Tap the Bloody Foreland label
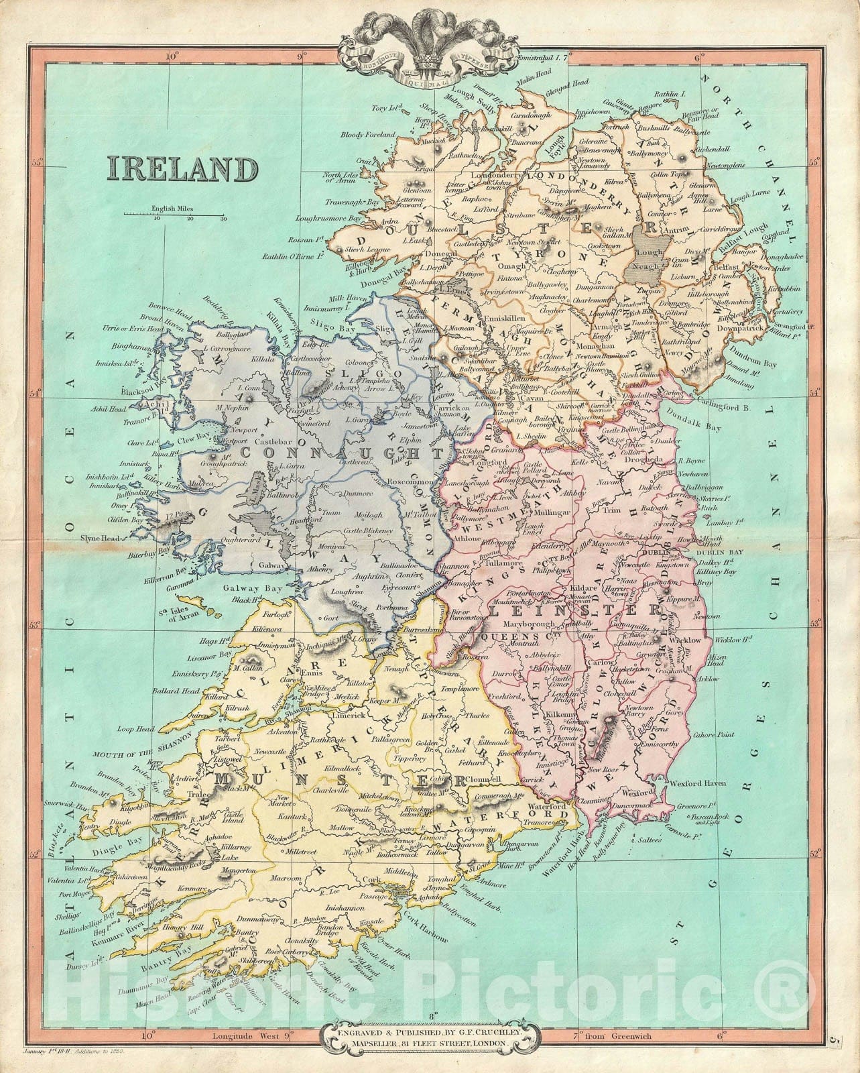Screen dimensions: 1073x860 pyautogui.click(x=367, y=135)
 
